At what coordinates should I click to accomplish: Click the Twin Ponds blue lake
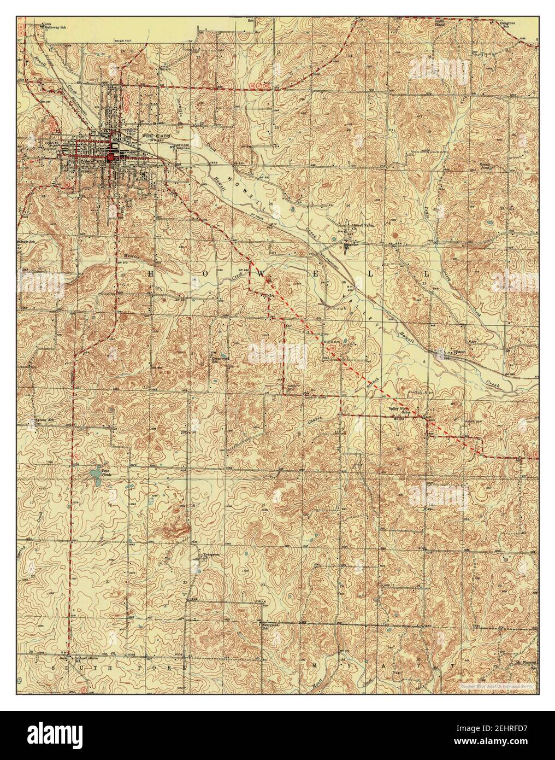pyautogui.click(x=96, y=471)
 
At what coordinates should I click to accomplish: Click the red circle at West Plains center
pyautogui.click(x=111, y=156)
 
